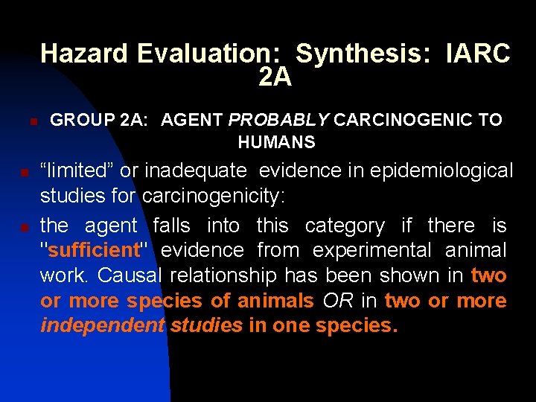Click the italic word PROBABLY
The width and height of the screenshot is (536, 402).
point(280,120)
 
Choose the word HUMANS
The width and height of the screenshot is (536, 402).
point(276,142)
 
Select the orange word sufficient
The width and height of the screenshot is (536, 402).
point(93,250)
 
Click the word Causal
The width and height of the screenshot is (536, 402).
point(130,275)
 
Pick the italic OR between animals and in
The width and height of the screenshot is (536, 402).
point(337,301)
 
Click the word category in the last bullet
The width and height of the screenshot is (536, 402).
point(345,225)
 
